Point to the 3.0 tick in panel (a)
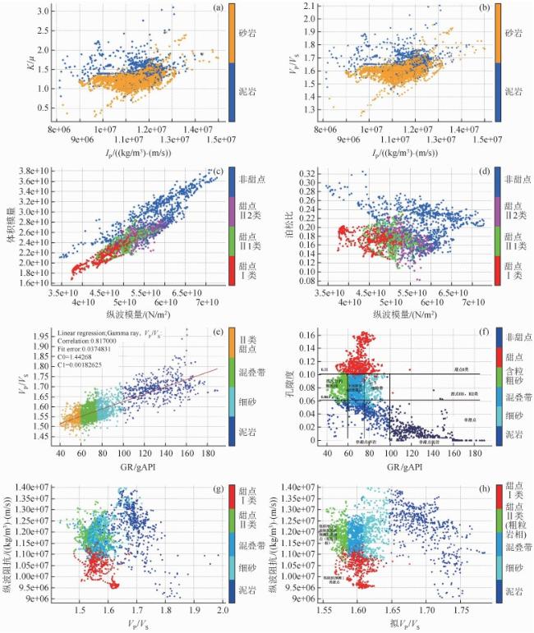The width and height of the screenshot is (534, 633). pyautogui.click(x=40, y=15)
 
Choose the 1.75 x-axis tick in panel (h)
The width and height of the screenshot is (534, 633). pyautogui.click(x=464, y=612)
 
